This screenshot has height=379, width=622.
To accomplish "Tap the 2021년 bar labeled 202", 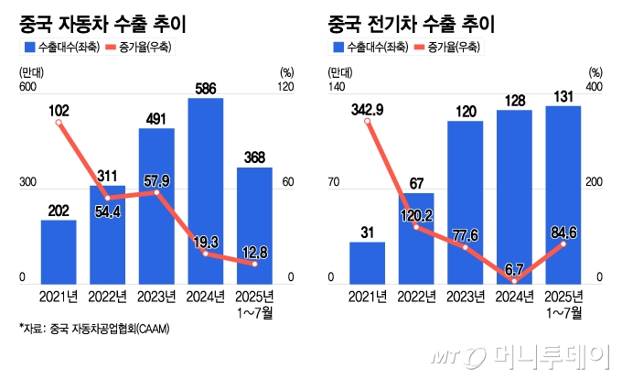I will point(59,252).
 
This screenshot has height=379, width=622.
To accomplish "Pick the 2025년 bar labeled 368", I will point(254,225).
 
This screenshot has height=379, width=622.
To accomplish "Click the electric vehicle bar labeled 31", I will point(367,263).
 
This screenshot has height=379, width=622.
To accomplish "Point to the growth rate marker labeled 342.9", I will point(368,122).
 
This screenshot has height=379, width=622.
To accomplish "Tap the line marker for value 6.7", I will point(514,280).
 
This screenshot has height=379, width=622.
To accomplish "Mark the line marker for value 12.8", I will point(254,264).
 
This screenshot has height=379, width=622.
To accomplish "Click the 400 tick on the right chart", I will point(595,88).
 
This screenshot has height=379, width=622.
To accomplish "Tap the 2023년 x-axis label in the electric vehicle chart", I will point(466,297).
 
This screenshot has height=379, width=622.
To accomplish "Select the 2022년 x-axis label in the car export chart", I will point(108,297).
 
